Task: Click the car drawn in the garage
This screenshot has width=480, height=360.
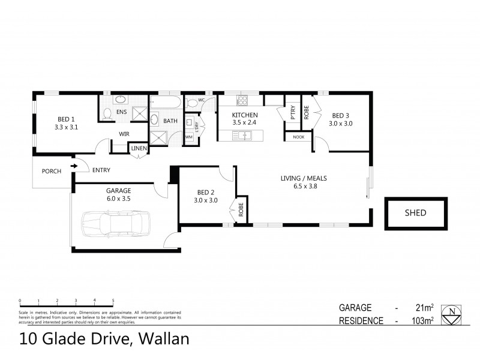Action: (x=114, y=223)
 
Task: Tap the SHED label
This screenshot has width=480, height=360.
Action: (x=416, y=212)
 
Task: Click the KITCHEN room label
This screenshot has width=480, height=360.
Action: (x=245, y=115)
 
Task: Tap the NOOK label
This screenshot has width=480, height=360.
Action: (x=298, y=137)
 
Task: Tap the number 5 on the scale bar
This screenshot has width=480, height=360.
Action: (x=113, y=300)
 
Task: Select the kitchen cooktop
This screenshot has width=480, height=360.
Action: (x=243, y=100)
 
